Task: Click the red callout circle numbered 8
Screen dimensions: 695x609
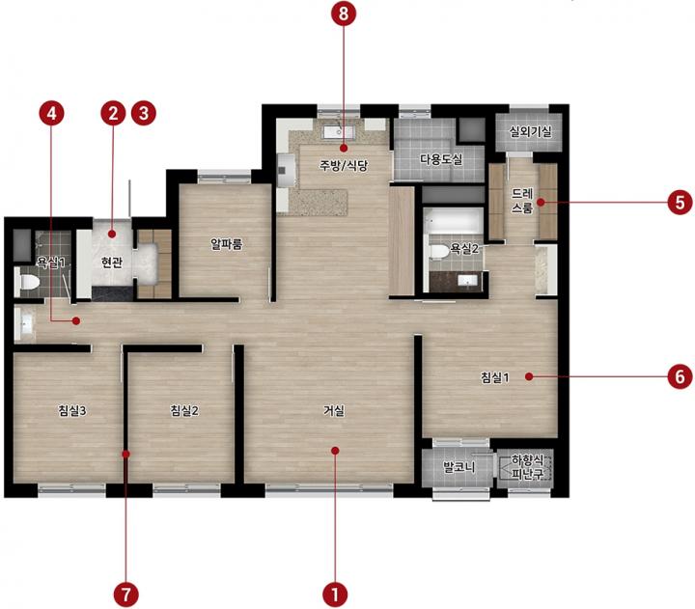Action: (344, 14)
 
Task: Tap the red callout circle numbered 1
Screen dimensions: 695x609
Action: (335, 594)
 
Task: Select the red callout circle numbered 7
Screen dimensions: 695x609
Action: (126, 594)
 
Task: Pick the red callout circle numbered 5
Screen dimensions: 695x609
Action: (680, 203)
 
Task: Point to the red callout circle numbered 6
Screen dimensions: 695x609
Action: (680, 376)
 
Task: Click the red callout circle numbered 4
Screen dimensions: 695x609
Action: (52, 113)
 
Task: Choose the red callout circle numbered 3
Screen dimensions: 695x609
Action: (144, 113)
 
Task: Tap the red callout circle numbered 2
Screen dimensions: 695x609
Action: (114, 113)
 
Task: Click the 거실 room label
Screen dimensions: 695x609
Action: (334, 411)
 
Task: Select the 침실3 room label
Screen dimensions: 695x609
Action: (72, 411)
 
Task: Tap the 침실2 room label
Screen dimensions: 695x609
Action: (184, 411)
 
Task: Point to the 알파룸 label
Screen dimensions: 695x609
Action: (227, 244)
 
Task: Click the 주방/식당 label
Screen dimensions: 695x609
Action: (344, 165)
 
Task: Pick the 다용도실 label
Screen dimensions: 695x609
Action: (441, 159)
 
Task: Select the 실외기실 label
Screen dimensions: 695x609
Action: (530, 131)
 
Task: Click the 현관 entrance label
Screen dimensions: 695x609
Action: (112, 263)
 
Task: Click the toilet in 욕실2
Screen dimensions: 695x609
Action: (436, 252)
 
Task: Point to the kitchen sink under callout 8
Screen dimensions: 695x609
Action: (339, 131)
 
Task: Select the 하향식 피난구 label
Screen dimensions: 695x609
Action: (527, 467)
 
